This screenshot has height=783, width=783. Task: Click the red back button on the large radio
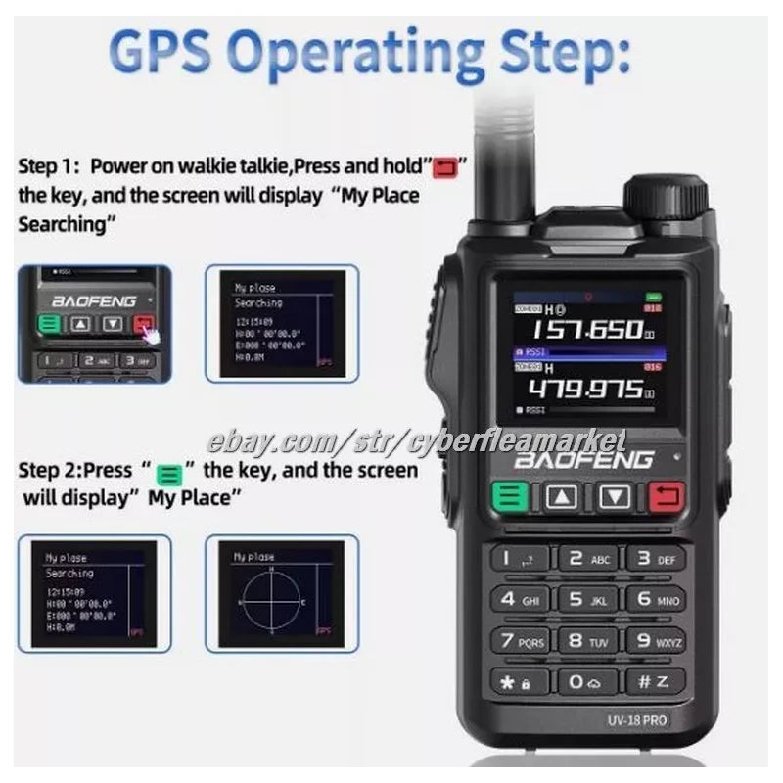click(666, 497)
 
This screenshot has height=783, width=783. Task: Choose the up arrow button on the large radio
click(562, 497)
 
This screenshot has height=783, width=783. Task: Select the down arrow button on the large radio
click(614, 497)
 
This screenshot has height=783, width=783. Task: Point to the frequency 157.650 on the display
click(585, 330)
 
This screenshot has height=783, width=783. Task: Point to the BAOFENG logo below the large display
click(585, 460)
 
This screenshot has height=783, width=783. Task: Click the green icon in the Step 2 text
click(169, 472)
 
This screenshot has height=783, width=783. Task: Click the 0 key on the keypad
click(587, 682)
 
